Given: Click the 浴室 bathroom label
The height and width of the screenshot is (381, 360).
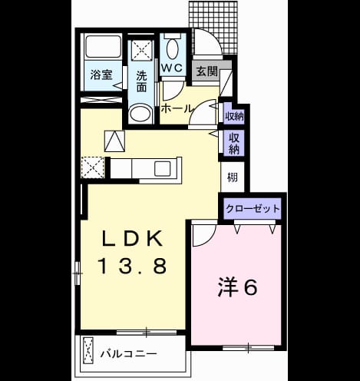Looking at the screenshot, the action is (101, 75).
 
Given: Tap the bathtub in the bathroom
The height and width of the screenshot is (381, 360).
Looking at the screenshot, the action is (103, 47).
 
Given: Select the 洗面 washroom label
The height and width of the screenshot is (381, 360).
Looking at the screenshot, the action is (141, 81).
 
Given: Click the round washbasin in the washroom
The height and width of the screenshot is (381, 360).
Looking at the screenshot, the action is (140, 113).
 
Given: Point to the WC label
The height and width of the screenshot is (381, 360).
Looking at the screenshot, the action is (172, 68).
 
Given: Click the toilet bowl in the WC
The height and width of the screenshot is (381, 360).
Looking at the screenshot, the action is (172, 49).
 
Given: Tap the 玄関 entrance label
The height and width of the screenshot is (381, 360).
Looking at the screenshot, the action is (206, 71).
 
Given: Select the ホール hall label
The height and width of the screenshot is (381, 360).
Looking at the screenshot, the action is (176, 109).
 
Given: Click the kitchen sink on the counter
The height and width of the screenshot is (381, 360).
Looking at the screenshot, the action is (162, 169).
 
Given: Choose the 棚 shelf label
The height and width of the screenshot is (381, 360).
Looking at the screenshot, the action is (233, 177).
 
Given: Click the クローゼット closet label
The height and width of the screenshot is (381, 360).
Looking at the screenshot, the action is (253, 209).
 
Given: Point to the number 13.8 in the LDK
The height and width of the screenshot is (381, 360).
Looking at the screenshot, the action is (133, 266).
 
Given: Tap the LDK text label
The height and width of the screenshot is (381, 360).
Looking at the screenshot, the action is (133, 238).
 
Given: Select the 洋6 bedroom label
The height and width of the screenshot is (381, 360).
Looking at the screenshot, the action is (238, 287).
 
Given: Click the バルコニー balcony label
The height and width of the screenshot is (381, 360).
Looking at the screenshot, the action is (128, 354).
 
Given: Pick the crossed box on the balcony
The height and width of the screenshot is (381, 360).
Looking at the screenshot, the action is (88, 350).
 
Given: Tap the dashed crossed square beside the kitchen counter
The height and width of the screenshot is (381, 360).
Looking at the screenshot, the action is (93, 167).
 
